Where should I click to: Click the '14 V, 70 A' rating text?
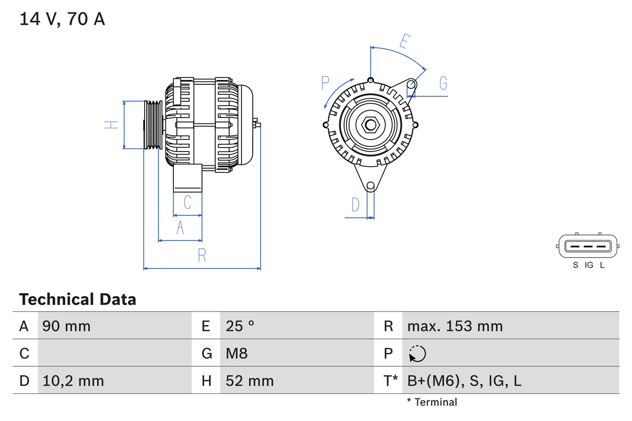point(62,19)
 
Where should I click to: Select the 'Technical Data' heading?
point(78,299)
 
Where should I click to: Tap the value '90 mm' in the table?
point(67,326)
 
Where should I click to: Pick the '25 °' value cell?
point(240,326)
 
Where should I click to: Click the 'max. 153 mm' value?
point(455,326)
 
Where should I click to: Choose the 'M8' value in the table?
point(237,353)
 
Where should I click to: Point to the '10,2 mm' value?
point(73,381)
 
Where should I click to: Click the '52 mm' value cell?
point(249,381)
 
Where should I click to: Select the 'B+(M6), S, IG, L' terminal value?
point(464,381)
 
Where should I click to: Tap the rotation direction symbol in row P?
point(417,353)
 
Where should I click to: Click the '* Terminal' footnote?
point(432,402)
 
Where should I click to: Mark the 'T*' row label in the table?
point(391,381)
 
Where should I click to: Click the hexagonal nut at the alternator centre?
point(370,125)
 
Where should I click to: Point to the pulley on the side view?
point(153,125)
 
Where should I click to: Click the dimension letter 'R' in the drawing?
point(202,256)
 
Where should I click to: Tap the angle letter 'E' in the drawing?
point(404,42)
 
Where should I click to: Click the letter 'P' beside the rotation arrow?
point(325,83)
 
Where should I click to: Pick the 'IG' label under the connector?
point(589,265)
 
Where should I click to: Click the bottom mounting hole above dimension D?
point(370,186)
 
